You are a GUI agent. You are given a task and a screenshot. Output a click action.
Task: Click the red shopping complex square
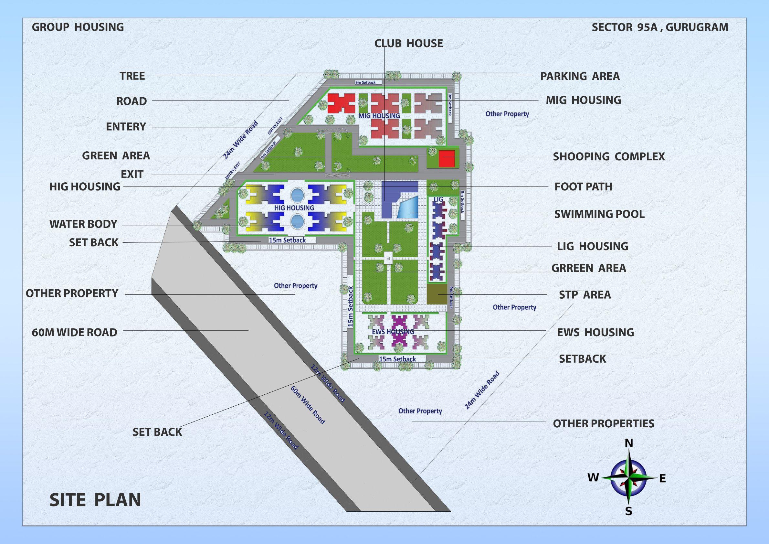[447, 158]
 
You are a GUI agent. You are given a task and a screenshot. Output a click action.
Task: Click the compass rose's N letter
[629, 443]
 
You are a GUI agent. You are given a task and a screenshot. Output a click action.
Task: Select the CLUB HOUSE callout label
[408, 44]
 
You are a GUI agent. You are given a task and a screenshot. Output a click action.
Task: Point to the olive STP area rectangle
[437, 294]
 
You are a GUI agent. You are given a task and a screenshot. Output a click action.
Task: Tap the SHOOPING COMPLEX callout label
[608, 156]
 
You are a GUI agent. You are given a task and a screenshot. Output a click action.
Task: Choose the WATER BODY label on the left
[83, 224]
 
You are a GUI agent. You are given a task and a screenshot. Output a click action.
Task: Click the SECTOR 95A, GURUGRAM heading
[660, 27]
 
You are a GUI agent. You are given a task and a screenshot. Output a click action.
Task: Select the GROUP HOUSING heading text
[78, 27]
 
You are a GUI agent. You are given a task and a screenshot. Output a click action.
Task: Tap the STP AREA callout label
[585, 295]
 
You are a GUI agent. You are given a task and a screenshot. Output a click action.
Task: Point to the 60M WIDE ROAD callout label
[74, 332]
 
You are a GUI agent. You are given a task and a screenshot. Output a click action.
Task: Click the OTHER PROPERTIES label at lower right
[603, 423]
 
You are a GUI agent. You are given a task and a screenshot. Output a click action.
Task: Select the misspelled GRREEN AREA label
[588, 268]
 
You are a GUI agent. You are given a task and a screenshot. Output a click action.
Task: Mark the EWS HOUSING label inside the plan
[393, 332]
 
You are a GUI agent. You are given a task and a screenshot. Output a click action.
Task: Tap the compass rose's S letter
[629, 521]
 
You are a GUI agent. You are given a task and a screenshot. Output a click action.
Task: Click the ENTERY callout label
[126, 127]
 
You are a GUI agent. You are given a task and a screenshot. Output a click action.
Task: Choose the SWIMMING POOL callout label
[599, 214]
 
